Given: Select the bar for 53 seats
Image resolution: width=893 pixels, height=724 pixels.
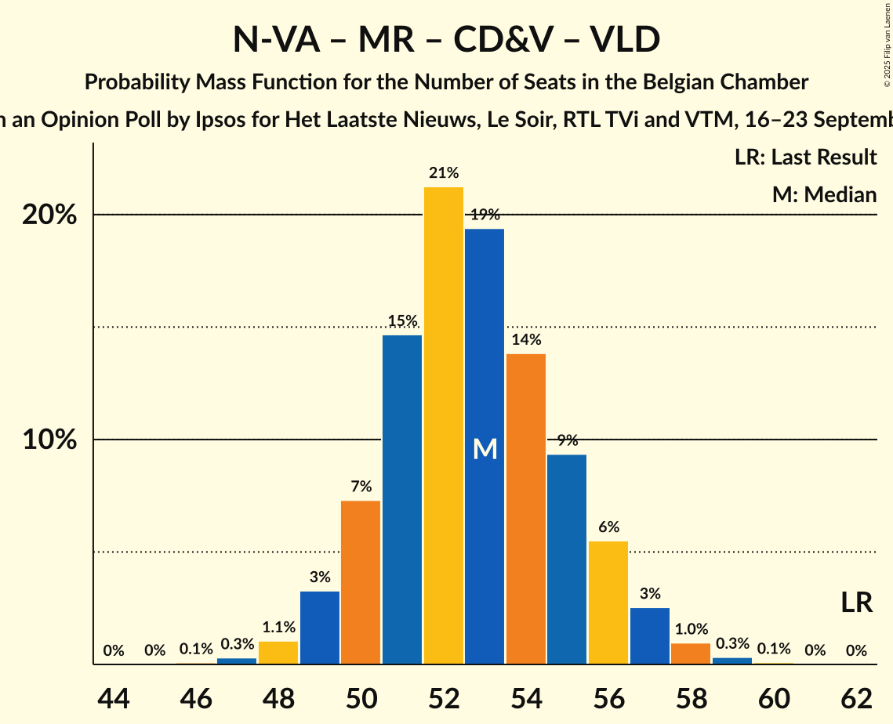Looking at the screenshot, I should (485, 447).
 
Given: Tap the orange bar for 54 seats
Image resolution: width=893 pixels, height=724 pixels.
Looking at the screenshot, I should (526, 509).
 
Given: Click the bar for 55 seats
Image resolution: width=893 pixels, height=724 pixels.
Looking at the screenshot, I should (567, 559).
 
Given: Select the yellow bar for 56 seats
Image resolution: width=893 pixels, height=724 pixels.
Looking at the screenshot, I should (608, 603).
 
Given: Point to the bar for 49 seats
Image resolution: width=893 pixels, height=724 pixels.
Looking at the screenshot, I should (320, 628).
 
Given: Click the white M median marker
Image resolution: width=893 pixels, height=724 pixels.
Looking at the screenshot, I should (485, 449).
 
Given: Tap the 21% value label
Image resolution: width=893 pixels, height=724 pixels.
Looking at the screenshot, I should (444, 173).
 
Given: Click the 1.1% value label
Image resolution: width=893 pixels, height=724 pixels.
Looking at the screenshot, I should (278, 627).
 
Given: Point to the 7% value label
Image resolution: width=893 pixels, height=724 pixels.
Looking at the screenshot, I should (361, 487).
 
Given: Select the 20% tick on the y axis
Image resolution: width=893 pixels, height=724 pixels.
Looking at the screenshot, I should (49, 215).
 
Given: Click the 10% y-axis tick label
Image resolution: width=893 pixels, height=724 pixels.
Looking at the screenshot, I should (49, 440).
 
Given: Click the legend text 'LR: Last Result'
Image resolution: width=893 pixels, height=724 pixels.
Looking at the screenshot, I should (805, 157).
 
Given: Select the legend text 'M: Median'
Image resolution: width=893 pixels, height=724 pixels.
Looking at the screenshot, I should (824, 194).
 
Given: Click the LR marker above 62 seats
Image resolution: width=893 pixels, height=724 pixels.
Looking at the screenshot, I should (856, 603).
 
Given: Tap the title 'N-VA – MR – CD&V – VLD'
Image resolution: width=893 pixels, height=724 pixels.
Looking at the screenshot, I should (446, 40).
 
